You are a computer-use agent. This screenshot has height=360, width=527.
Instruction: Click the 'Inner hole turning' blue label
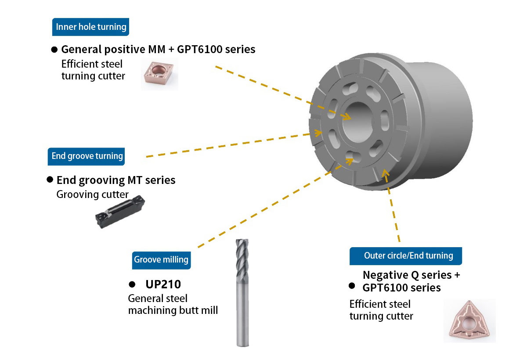pos(91,27)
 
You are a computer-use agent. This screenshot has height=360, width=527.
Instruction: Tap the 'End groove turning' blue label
pos(87,156)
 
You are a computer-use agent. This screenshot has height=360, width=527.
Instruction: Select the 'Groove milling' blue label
pos(161,259)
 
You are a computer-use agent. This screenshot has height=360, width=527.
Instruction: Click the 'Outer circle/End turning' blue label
pos(406,256)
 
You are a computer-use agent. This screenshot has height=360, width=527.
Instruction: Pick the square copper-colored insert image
pos(159,75)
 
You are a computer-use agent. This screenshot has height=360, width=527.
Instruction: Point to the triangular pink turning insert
pos(469,321)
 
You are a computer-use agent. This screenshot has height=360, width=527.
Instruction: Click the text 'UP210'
pos(163,284)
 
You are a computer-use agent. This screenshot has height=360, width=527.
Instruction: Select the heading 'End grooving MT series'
pos(116,180)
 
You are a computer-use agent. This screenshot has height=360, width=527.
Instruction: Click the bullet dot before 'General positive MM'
pos(55,49)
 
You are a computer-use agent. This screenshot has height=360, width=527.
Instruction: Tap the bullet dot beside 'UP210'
pos(131,284)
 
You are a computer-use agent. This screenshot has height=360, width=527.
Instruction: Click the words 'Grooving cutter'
pos(92,194)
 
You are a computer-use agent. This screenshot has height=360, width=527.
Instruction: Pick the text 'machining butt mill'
pos(173,310)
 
